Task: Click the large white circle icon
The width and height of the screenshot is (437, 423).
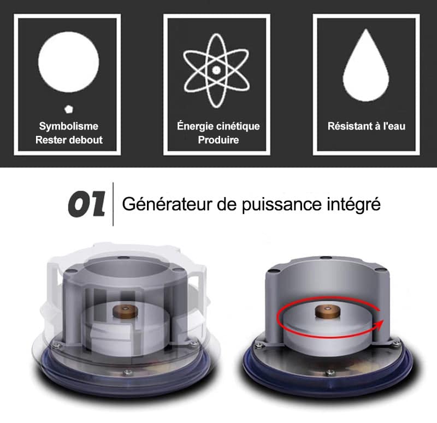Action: (x=69, y=62)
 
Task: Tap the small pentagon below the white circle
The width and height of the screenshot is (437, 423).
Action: (x=68, y=109)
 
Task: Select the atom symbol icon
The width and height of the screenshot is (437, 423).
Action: (x=216, y=70)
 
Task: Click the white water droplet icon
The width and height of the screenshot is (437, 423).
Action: (x=365, y=64)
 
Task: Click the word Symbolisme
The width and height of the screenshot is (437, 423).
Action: (x=69, y=126)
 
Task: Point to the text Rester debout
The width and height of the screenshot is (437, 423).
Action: (x=69, y=140)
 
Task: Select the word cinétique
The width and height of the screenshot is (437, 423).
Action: (x=238, y=126)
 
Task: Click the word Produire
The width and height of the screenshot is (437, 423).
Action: (x=218, y=140)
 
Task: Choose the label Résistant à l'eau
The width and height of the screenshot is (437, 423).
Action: (x=366, y=126)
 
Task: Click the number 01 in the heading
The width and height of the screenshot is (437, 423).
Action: (x=87, y=204)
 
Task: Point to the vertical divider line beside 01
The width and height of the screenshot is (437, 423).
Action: (x=113, y=204)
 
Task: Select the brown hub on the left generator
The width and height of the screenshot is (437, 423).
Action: (x=126, y=311)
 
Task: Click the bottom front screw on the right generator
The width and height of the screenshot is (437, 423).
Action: (x=330, y=372)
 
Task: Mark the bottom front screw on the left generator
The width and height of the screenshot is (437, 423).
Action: (x=127, y=372)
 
